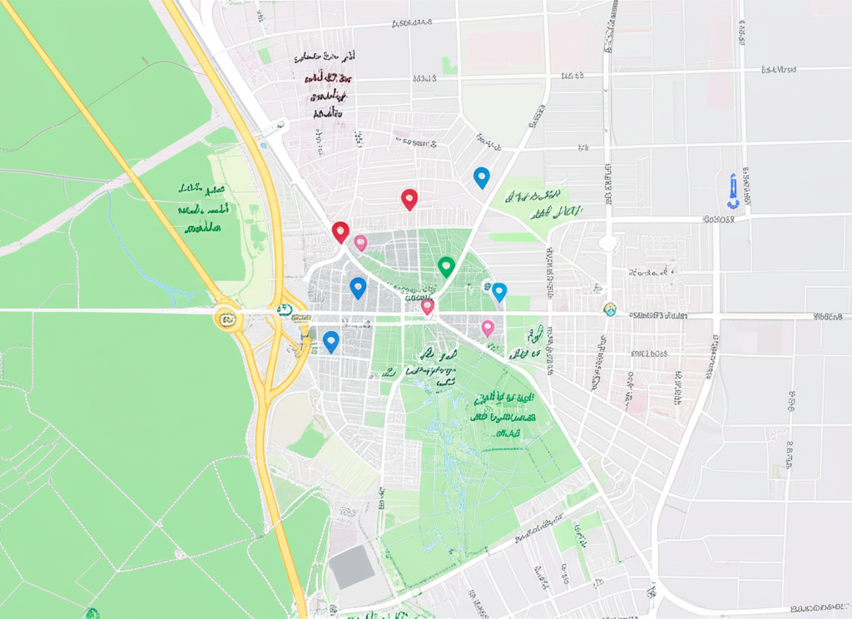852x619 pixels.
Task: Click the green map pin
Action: tap(446, 266)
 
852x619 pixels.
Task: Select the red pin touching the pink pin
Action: tap(340, 231)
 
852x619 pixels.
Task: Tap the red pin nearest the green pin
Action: tap(409, 199)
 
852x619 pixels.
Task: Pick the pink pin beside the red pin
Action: tap(360, 242)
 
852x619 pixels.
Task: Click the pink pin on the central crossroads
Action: tap(428, 306)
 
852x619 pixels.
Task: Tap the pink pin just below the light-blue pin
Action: tap(488, 327)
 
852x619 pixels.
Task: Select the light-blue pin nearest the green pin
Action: tap(499, 291)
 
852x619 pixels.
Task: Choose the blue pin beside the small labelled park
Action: tap(481, 177)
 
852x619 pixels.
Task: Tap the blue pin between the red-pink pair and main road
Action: tap(358, 288)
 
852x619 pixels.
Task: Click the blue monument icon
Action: tap(732, 191)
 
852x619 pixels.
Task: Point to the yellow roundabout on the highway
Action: tap(225, 317)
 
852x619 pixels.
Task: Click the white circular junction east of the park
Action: tap(608, 243)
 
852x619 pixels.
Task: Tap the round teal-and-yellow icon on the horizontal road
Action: tap(610, 309)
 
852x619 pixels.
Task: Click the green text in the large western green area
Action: tap(203, 208)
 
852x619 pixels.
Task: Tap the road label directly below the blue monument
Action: tap(719, 220)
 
